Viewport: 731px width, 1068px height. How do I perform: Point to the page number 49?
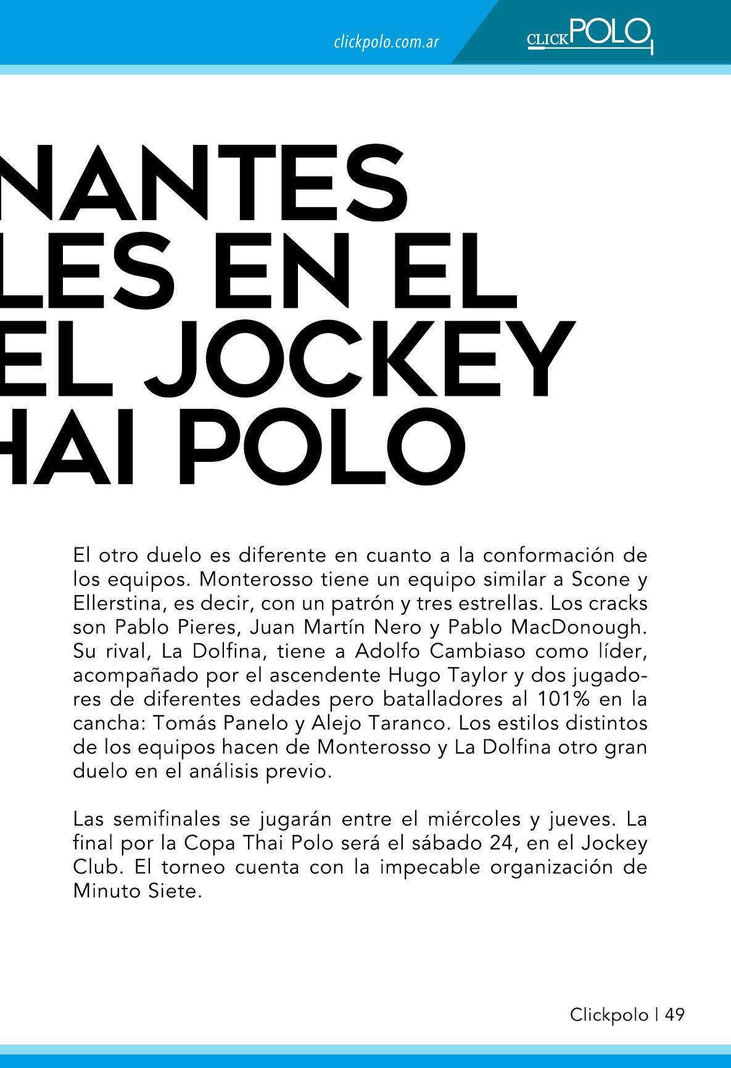pos(675,1015)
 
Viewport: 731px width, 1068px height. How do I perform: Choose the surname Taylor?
pos(474,675)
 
